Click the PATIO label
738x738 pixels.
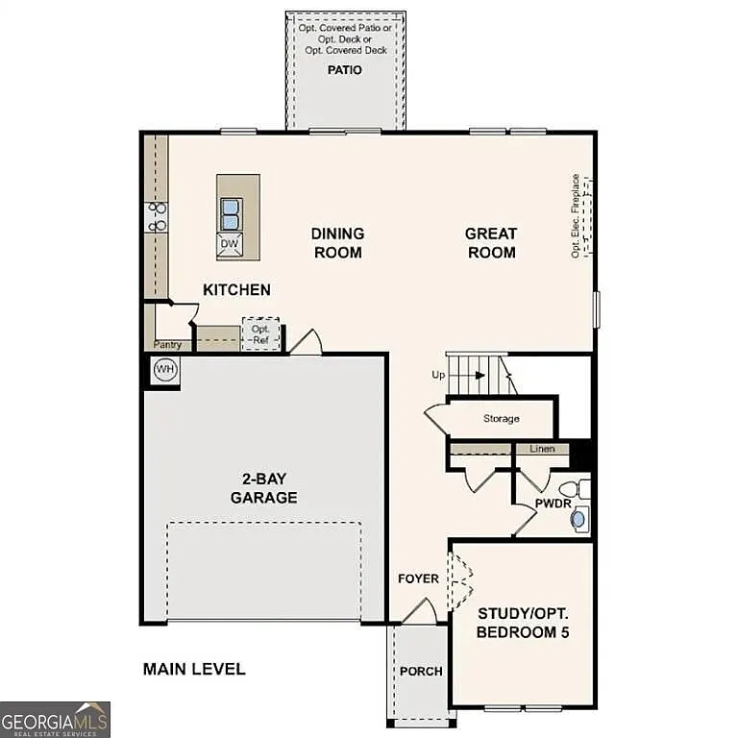point(344,70)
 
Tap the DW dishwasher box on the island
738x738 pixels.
point(229,244)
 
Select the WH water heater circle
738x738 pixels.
point(165,370)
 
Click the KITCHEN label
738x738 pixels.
point(236,289)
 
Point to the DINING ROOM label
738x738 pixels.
point(337,243)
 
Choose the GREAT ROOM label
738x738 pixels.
point(490,243)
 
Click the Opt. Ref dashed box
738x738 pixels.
point(260,333)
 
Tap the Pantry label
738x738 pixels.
point(167,344)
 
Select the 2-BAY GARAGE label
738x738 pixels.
point(263,488)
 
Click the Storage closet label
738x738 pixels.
point(501,419)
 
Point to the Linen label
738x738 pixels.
point(542,449)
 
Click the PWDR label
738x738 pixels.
point(553,502)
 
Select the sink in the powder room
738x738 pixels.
point(578,520)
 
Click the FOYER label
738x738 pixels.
point(418,578)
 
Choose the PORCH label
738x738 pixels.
point(421,671)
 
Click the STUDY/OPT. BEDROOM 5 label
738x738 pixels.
point(523,623)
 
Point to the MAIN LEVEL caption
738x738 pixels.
point(194,669)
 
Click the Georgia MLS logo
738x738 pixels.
point(56,719)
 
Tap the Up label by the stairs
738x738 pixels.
point(437,375)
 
